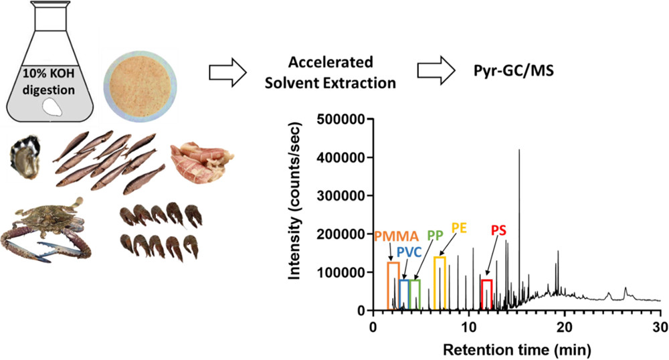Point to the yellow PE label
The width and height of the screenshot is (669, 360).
pos(459,228)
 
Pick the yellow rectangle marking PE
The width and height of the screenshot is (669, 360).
pos(440,283)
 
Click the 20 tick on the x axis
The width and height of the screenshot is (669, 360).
pos(565,328)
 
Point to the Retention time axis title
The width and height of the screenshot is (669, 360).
pos(516,349)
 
